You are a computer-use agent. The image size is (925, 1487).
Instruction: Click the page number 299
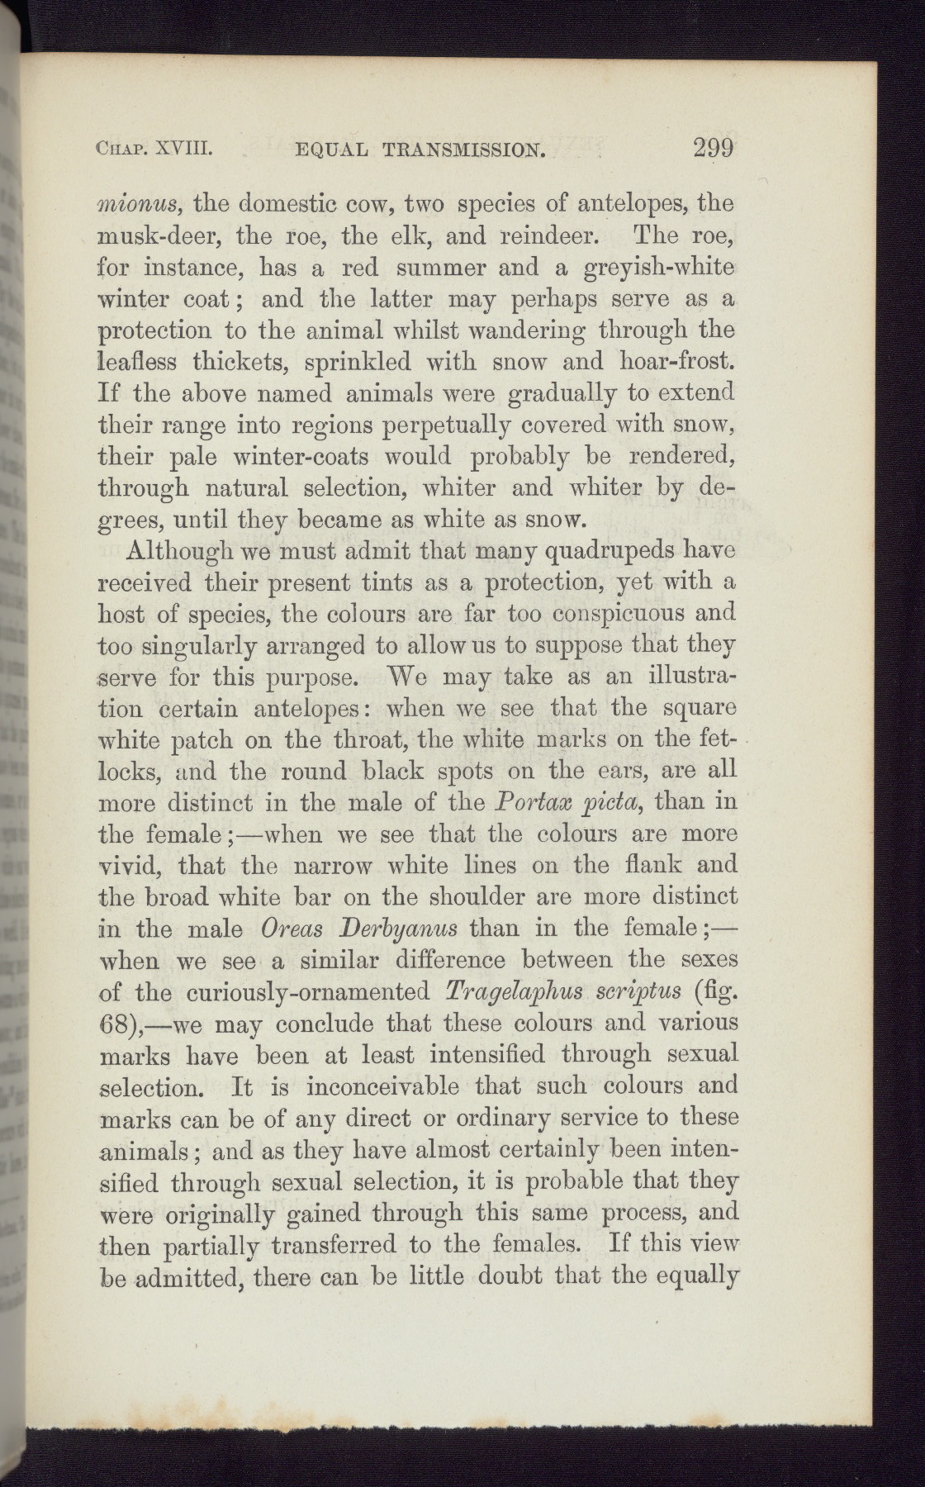pyautogui.click(x=714, y=149)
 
